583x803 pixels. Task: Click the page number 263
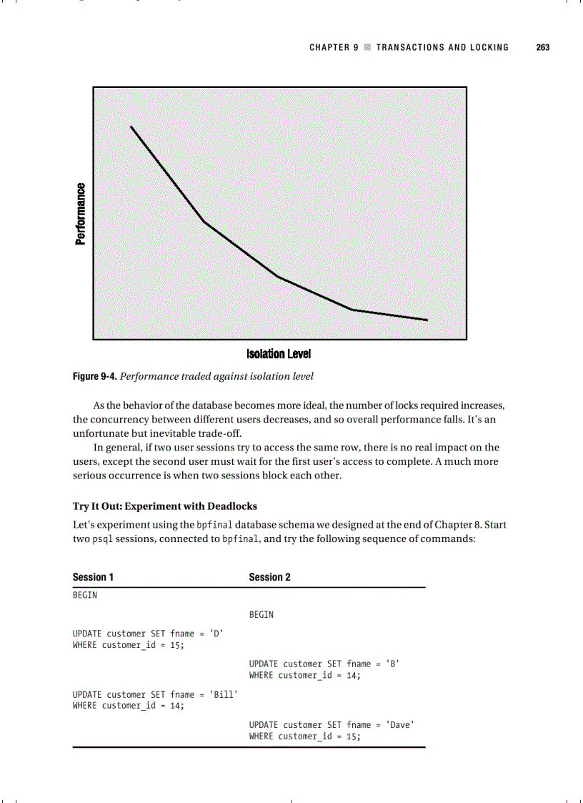[542, 47]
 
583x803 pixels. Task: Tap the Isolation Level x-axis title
[278, 355]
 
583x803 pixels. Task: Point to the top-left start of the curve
[131, 127]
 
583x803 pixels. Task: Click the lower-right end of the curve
[427, 320]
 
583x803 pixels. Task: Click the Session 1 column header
[93, 577]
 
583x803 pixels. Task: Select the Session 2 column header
[269, 577]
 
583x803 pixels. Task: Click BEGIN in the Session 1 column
[85, 595]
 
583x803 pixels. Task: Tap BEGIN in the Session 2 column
[261, 615]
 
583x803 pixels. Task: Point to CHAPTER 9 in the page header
[334, 47]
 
